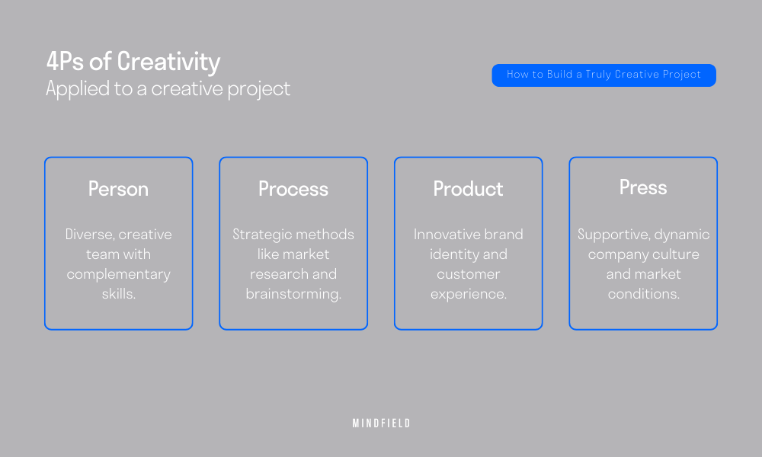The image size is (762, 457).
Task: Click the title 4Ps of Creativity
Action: [x=133, y=62]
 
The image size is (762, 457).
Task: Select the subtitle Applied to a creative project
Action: [x=168, y=89]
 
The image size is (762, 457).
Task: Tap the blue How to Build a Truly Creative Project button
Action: [x=604, y=75]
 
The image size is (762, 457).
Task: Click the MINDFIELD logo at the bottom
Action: [x=382, y=423]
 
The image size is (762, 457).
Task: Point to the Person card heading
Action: [x=119, y=189]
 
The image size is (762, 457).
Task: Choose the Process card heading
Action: [x=293, y=189]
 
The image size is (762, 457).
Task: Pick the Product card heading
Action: [x=469, y=189]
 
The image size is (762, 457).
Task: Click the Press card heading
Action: [x=643, y=187]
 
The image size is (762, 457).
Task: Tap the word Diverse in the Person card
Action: [x=89, y=235]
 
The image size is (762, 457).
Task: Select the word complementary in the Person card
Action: [x=119, y=275]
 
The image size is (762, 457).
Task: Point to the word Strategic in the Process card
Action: [x=263, y=235]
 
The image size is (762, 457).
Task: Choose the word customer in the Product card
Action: [x=469, y=274]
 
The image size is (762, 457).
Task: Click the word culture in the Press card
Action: [x=676, y=254]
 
